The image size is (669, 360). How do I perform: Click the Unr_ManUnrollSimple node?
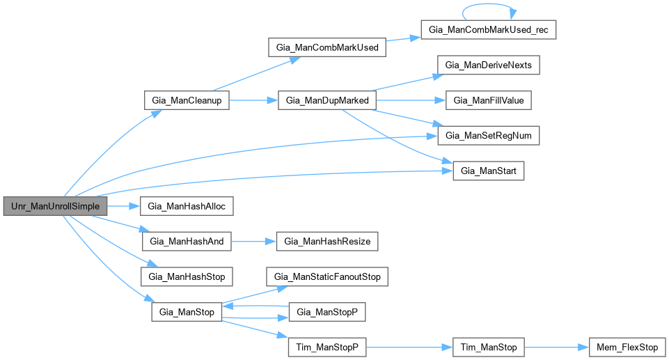pos(56,206)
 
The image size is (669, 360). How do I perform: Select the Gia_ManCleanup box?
pos(187,100)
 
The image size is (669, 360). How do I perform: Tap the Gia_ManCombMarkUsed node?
pos(327,48)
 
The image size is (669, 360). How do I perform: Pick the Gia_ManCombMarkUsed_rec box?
pos(489,31)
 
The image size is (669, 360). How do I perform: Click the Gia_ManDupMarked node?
pos(327,100)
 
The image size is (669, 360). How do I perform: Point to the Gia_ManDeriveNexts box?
pos(489,65)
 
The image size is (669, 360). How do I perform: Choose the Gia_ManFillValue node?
pos(489,100)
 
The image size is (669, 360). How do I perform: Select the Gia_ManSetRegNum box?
pos(489,136)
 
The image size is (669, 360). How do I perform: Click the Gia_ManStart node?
pos(489,171)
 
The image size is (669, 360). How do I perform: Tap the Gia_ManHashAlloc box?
pos(187,206)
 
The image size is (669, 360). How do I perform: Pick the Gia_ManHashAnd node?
pos(187,242)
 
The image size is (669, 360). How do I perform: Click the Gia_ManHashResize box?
pos(327,242)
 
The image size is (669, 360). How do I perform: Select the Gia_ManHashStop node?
pos(187,276)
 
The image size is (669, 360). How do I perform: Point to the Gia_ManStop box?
pos(187,311)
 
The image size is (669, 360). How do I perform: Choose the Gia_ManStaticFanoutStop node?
pos(327,276)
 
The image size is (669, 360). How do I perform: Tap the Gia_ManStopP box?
pos(327,311)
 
